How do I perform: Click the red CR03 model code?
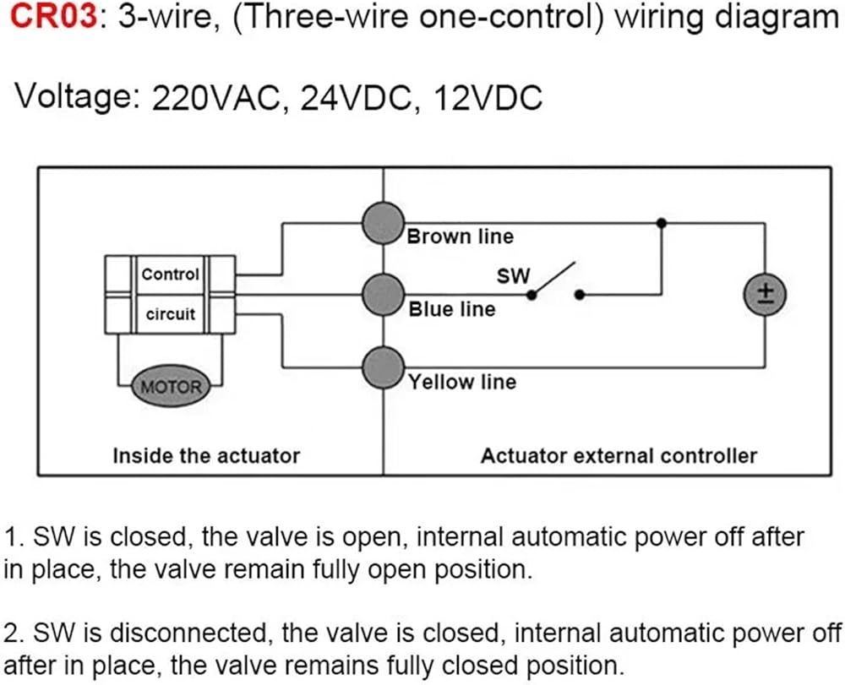[53, 17]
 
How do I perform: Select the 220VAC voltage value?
[217, 98]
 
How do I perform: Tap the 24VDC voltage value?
[355, 98]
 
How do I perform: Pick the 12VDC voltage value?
[488, 98]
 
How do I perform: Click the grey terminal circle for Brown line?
[383, 223]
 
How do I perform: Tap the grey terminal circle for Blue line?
[383, 295]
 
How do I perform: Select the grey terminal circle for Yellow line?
[383, 367]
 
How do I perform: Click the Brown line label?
[461, 236]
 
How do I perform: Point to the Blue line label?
[451, 309]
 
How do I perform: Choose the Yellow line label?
[462, 382]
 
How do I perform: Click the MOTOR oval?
[171, 387]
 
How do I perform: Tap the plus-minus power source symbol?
[766, 295]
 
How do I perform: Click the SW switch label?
[513, 276]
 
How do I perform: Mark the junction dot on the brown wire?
[662, 223]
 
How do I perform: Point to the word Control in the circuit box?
[171, 275]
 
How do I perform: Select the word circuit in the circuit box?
[171, 314]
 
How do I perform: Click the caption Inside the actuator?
[206, 456]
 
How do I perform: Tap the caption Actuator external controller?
[619, 456]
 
